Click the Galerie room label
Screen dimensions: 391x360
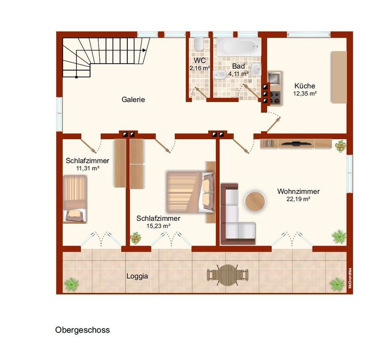(133, 100)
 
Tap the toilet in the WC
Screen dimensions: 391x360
(199, 44)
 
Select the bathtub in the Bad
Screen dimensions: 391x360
(239, 47)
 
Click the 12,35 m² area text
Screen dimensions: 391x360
(305, 94)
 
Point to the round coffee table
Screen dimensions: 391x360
(255, 201)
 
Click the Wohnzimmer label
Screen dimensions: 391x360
(298, 192)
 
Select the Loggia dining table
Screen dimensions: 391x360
(228, 275)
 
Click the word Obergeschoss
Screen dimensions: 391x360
(82, 330)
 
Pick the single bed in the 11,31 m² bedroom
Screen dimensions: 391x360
(75, 199)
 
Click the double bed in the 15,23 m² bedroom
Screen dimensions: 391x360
(190, 192)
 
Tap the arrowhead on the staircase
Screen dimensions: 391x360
(145, 50)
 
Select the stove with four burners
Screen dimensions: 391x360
(275, 97)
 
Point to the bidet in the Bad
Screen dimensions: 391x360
(219, 75)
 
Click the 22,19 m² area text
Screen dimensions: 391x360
(298, 199)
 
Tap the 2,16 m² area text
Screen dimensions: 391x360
(200, 68)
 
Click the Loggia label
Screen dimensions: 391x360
(137, 276)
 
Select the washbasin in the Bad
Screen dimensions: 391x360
(256, 69)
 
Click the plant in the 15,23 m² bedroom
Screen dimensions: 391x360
(135, 238)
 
